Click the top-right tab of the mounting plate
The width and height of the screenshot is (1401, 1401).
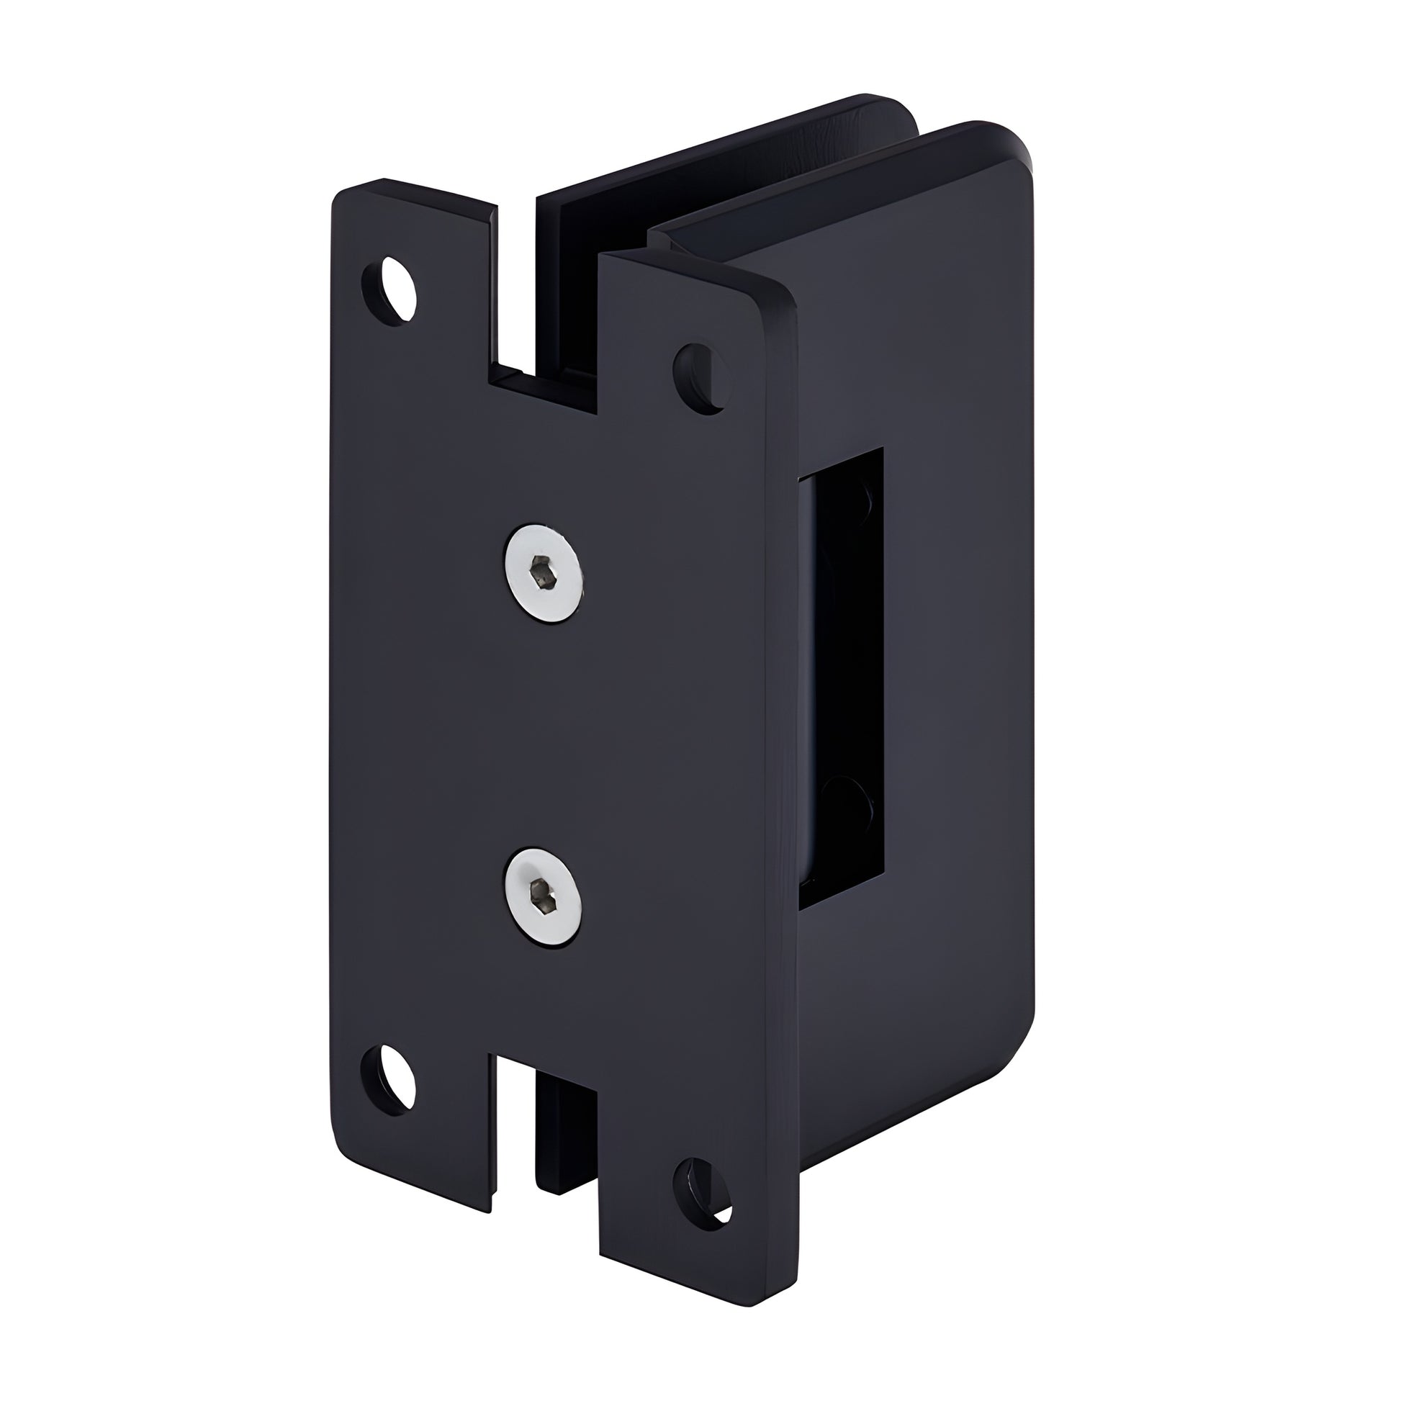tap(696, 326)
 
